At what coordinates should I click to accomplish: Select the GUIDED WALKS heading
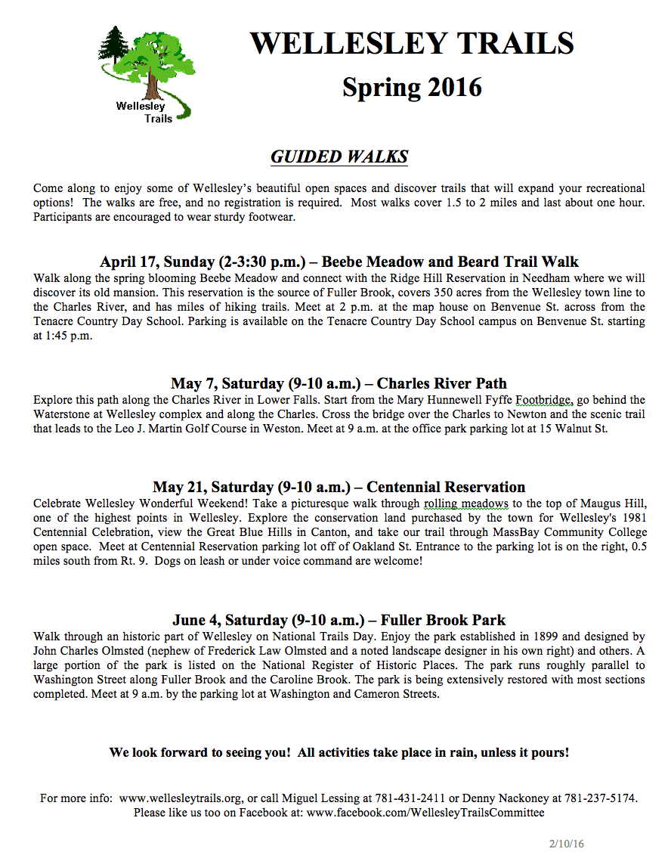click(339, 156)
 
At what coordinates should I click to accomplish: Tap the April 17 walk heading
click(339, 262)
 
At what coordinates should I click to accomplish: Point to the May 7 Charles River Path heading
click(339, 383)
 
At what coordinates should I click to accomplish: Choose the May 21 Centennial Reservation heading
click(339, 487)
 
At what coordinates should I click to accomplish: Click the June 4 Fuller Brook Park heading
click(339, 621)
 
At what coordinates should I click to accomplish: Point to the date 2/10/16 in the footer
click(566, 844)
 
